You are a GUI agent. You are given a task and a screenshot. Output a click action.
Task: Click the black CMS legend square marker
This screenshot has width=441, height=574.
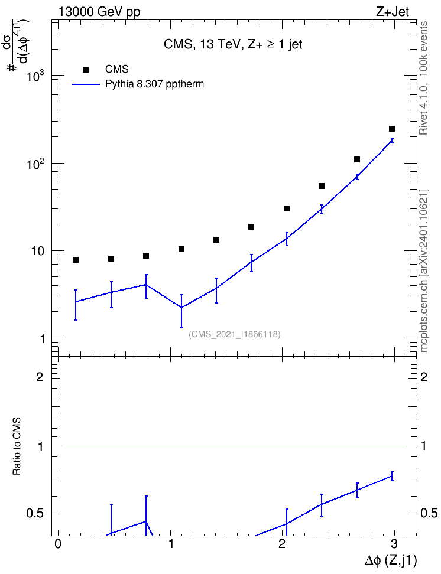tap(86, 70)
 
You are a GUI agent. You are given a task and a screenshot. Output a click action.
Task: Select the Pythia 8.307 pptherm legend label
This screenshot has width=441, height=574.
tap(154, 84)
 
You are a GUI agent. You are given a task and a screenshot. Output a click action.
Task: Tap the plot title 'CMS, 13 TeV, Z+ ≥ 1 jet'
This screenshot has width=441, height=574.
tap(233, 44)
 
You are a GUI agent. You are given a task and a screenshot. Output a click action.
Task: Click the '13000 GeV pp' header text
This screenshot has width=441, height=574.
tap(99, 12)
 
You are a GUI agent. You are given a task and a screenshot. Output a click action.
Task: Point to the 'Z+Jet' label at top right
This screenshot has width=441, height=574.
tap(393, 12)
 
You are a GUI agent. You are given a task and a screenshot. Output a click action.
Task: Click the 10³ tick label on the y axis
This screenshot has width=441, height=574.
tap(35, 75)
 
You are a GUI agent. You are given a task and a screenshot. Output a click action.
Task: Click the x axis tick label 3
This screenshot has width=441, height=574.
tap(394, 544)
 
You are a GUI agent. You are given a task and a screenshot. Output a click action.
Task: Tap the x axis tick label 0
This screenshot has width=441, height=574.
tap(58, 544)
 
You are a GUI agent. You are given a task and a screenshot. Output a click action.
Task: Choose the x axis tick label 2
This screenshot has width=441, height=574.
tap(282, 544)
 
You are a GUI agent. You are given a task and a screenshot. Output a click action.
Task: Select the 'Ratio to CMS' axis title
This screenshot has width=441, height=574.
tap(17, 446)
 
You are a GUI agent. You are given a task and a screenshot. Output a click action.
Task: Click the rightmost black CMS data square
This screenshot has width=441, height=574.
tap(392, 129)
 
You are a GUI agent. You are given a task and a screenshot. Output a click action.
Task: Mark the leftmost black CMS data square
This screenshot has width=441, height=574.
tap(76, 260)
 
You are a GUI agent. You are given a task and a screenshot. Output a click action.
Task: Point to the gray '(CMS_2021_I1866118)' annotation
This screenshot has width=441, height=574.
tap(235, 334)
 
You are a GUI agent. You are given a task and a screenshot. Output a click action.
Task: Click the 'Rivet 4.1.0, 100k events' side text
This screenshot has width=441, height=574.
tap(423, 78)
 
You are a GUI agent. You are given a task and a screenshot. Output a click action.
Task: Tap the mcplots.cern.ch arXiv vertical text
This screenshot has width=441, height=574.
tap(424, 271)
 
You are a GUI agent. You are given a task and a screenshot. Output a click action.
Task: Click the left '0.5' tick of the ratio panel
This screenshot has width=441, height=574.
tap(35, 514)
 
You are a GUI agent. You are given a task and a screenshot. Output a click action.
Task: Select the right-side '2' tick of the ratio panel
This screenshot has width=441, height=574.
tap(424, 377)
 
